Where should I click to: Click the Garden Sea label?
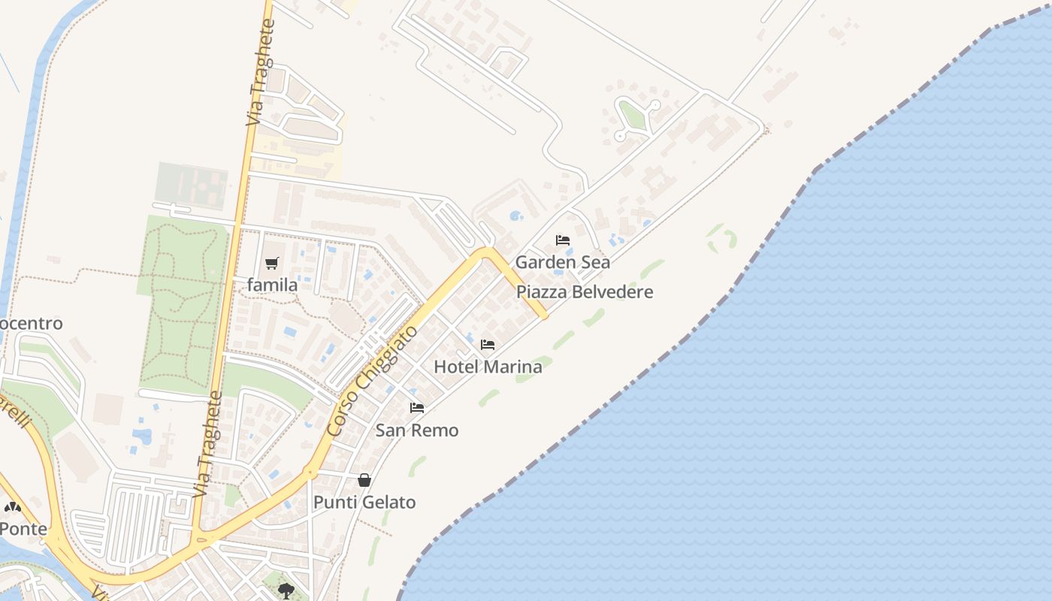point(562,262)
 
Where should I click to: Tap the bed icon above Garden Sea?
point(563,240)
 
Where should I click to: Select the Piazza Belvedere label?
point(585,292)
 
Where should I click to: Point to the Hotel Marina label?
point(488,367)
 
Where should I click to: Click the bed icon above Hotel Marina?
point(488,346)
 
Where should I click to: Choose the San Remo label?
point(416,430)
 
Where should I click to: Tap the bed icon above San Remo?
point(417,408)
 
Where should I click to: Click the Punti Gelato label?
point(364,503)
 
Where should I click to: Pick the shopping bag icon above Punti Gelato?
point(364,480)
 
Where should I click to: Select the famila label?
point(272,285)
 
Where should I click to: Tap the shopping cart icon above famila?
point(272,264)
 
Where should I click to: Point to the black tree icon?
point(286,590)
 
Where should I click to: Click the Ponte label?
point(23,529)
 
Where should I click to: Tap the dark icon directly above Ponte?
point(13,507)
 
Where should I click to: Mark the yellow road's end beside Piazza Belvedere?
point(544,316)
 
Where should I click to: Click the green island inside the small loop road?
point(632,116)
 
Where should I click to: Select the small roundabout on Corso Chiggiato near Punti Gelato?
point(310,473)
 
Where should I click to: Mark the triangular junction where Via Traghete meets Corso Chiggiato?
point(201,539)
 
